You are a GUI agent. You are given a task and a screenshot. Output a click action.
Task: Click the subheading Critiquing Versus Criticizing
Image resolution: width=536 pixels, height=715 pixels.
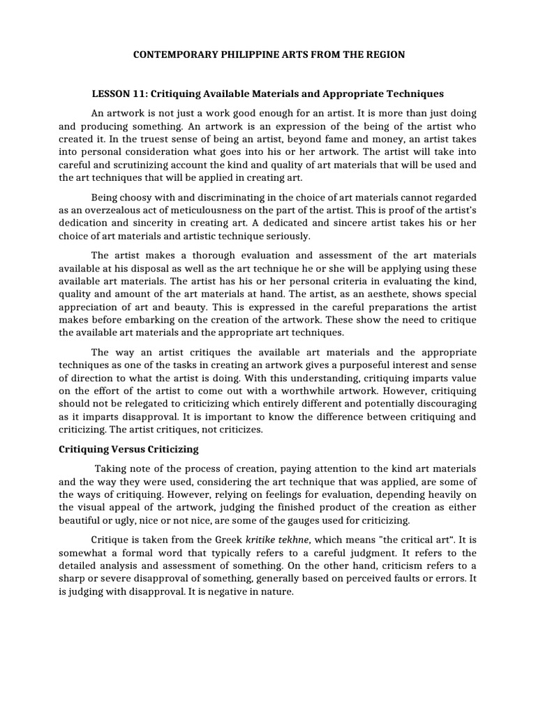coord(128,448)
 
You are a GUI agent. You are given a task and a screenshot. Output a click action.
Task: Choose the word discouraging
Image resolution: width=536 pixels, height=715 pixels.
coord(440,404)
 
